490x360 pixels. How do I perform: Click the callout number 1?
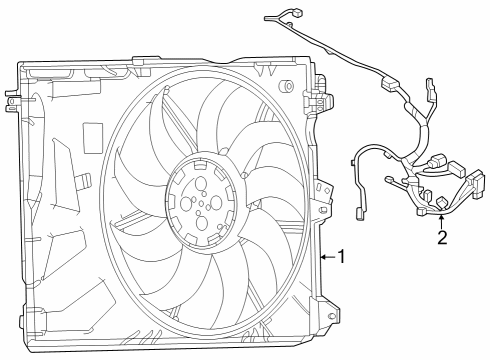click(x=341, y=257)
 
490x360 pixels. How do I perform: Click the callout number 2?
click(x=441, y=237)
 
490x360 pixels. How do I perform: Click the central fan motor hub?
click(x=204, y=200)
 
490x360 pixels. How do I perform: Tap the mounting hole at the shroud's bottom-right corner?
click(x=329, y=320)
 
